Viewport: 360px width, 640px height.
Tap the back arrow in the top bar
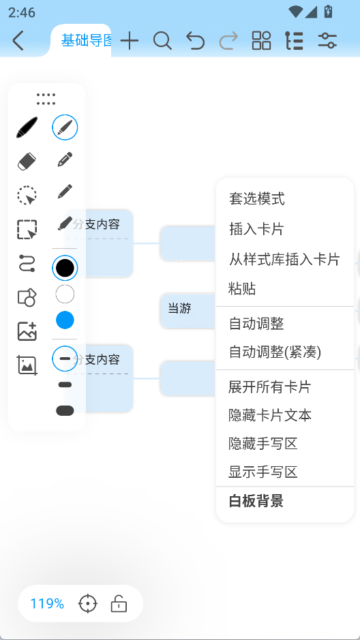[18, 40]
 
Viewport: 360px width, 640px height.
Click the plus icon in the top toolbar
[130, 40]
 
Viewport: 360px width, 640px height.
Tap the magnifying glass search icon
[162, 40]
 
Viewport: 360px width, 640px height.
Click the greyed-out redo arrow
[228, 41]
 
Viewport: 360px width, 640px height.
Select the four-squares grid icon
[262, 40]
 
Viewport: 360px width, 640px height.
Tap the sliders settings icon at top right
[327, 40]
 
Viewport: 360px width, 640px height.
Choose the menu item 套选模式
[257, 199]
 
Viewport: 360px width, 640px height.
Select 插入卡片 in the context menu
[256, 229]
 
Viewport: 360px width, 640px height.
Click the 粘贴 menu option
[243, 288]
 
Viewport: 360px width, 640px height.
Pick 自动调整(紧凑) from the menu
[275, 352]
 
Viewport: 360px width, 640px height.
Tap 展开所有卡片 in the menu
[270, 386]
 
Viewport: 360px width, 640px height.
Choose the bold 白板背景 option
[256, 501]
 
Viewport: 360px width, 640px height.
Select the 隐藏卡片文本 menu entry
[270, 415]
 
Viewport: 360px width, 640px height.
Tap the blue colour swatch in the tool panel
[65, 320]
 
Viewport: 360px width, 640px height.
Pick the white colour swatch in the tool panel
[65, 294]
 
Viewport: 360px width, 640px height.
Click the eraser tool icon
[27, 162]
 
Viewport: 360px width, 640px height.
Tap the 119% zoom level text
[47, 604]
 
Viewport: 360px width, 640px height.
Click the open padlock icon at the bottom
[119, 604]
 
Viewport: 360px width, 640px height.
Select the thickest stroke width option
[65, 410]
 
